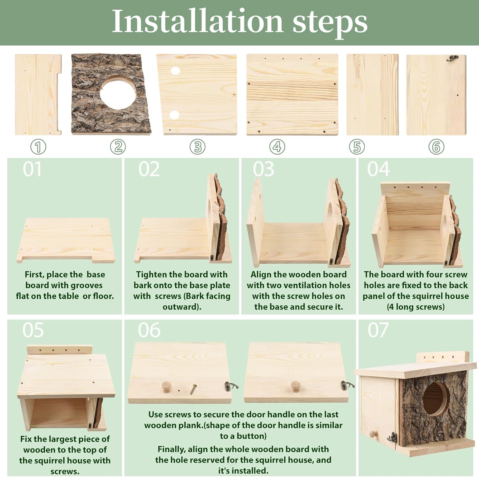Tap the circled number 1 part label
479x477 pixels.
tap(38, 147)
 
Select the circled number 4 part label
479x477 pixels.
tap(277, 147)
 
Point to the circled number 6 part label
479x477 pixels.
tap(436, 147)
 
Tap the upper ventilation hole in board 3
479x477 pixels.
tap(175, 71)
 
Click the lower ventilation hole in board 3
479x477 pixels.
tap(174, 115)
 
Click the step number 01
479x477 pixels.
tap(32, 169)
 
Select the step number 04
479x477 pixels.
tap(378, 169)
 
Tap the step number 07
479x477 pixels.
tap(378, 330)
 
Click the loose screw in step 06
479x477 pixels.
tap(193, 389)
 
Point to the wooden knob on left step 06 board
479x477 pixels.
tap(167, 386)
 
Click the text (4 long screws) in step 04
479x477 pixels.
tap(415, 307)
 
